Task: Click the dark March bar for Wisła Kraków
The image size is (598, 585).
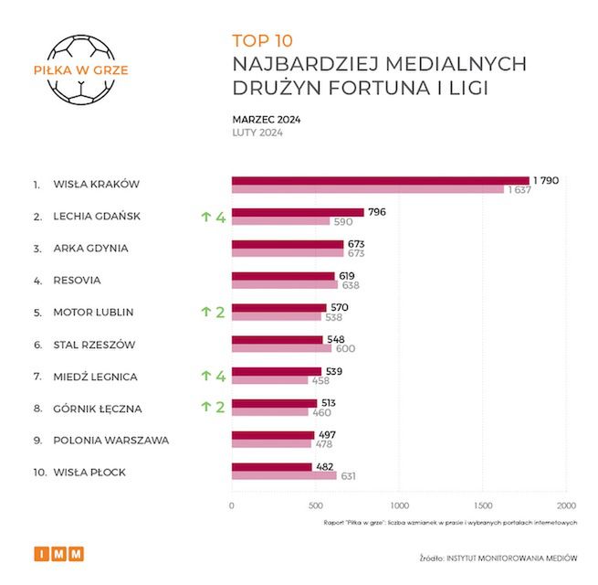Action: tap(380, 180)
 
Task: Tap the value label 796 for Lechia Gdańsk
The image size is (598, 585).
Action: tap(377, 212)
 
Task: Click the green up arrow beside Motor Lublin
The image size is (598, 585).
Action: tap(205, 312)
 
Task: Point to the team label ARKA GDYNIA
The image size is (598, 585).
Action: tap(90, 248)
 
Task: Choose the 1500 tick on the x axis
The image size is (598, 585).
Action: tap(482, 505)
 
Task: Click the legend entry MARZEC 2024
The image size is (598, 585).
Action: tap(267, 119)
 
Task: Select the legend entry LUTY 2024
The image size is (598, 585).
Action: tap(257, 133)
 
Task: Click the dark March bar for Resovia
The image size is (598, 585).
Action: tap(283, 275)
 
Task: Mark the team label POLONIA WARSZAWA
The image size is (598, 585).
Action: tap(111, 440)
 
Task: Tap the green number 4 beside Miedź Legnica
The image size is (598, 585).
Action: tap(220, 376)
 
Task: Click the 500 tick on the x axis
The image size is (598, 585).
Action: tap(315, 505)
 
